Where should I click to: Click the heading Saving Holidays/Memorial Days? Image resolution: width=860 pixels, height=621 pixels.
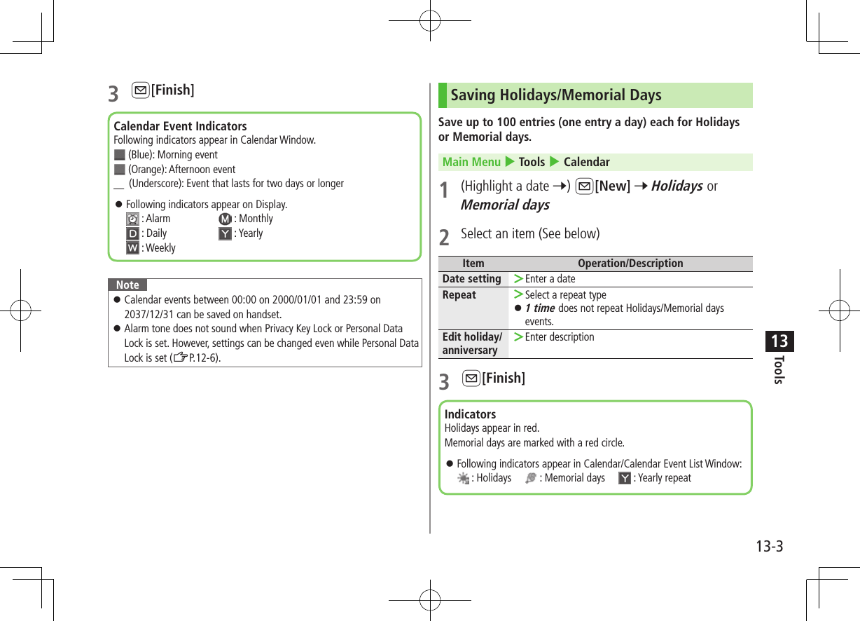[x=555, y=95]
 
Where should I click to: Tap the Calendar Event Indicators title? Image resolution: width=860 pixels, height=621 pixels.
[x=180, y=126]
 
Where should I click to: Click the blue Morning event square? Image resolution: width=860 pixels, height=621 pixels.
[x=119, y=155]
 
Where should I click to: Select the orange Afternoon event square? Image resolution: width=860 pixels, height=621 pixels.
[x=119, y=170]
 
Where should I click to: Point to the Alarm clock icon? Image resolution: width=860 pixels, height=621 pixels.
[x=132, y=219]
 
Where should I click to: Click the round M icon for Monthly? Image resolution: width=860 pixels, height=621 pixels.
[x=225, y=219]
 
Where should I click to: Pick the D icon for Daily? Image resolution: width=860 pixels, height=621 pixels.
[x=132, y=233]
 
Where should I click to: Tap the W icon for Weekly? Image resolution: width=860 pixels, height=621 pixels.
[x=132, y=248]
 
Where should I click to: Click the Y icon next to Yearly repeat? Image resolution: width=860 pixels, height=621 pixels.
[x=625, y=478]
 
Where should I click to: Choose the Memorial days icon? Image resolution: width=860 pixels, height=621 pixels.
[x=531, y=478]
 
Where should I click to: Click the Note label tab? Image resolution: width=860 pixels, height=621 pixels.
[x=127, y=285]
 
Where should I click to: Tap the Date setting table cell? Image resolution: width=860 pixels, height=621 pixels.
[x=471, y=279]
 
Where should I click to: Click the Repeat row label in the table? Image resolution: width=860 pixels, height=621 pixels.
[x=459, y=295]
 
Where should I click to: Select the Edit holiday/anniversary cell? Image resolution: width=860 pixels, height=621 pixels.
[x=471, y=343]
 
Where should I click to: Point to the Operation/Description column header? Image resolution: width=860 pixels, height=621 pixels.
[x=630, y=264]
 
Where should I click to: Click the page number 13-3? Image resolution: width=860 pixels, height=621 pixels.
[x=768, y=546]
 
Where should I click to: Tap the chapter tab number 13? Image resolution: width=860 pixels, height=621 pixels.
[x=779, y=341]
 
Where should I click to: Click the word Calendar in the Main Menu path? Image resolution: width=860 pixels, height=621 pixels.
[x=586, y=162]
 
